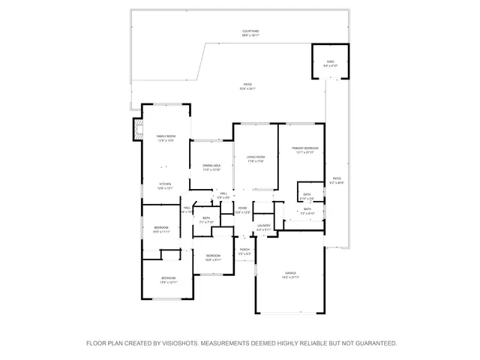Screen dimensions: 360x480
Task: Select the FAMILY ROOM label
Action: [166, 137]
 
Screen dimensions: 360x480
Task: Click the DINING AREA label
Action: [211, 167]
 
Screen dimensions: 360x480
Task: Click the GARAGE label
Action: [290, 274]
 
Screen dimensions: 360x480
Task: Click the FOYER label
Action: [242, 209]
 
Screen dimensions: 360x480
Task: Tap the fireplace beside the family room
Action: [136, 129]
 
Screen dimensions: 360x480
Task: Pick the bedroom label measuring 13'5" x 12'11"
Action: [168, 280]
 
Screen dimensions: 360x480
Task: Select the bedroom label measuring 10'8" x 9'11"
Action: [212, 257]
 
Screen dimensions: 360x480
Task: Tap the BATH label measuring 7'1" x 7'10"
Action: [205, 220]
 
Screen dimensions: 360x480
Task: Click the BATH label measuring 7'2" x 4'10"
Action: [307, 211]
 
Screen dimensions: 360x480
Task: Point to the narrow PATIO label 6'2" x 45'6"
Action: [337, 181]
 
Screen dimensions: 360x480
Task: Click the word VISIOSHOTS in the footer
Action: [175, 343]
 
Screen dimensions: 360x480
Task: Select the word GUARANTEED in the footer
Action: [371, 343]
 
